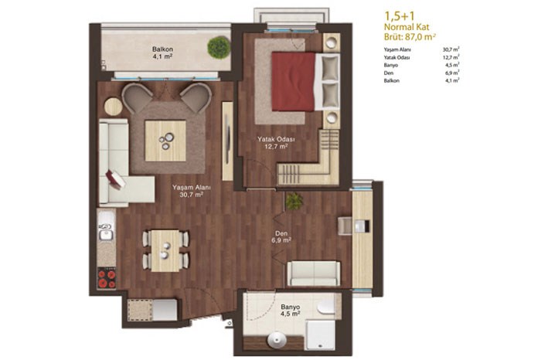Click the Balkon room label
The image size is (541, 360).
[x=162, y=53]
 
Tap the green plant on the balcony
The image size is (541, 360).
[x=219, y=47]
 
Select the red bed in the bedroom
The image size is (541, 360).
[x=293, y=81]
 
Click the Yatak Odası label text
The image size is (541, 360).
[x=276, y=143]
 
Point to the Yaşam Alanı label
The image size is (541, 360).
[x=192, y=191]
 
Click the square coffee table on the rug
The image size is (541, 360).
[x=165, y=141]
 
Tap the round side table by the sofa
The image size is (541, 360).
[x=113, y=107]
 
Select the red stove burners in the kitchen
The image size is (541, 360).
[x=107, y=279]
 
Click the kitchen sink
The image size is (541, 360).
[x=106, y=231]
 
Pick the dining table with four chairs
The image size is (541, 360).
[x=165, y=251]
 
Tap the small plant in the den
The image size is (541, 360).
[x=294, y=201]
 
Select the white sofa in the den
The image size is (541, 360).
[x=314, y=273]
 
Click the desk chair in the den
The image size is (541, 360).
[x=345, y=226]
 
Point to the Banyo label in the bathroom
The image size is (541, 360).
[x=290, y=310]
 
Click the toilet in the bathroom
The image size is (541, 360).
[x=325, y=306]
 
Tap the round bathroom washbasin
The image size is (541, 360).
[x=277, y=341]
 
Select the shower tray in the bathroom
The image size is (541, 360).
[x=321, y=335]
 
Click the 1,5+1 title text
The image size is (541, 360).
[x=400, y=15]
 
